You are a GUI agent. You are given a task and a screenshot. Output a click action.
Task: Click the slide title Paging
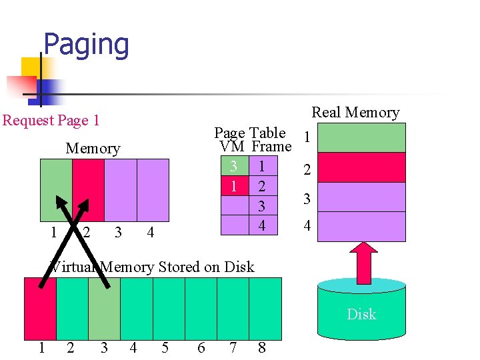[85, 45]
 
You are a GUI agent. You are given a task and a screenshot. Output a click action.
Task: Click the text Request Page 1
[51, 121]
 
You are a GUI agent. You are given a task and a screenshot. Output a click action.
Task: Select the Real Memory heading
[355, 113]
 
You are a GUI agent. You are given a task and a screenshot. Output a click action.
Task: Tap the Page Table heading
[249, 133]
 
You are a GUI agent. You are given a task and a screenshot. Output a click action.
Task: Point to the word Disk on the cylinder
[361, 314]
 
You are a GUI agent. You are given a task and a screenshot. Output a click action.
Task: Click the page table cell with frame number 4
[261, 227]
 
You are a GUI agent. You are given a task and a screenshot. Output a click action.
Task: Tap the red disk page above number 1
[40, 308]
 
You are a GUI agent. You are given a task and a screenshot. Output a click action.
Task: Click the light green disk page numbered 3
[104, 308]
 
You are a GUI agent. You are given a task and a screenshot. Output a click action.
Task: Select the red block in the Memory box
[89, 190]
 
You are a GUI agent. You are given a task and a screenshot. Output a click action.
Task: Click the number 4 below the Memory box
[150, 233]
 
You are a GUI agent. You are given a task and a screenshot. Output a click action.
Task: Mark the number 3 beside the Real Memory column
[307, 199]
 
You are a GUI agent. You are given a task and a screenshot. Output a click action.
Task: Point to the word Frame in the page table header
[271, 147]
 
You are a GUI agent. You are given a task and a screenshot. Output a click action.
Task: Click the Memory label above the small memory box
[93, 149]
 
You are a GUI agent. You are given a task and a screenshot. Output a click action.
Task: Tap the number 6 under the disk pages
[201, 347]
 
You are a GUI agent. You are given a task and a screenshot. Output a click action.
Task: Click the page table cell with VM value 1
[233, 186]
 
